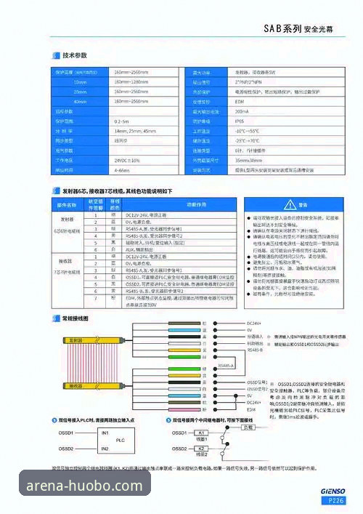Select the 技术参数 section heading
click(75, 55)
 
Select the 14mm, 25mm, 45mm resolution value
click(135, 130)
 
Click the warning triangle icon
click(290, 204)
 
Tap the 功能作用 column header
click(176, 204)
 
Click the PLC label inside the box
click(121, 440)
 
